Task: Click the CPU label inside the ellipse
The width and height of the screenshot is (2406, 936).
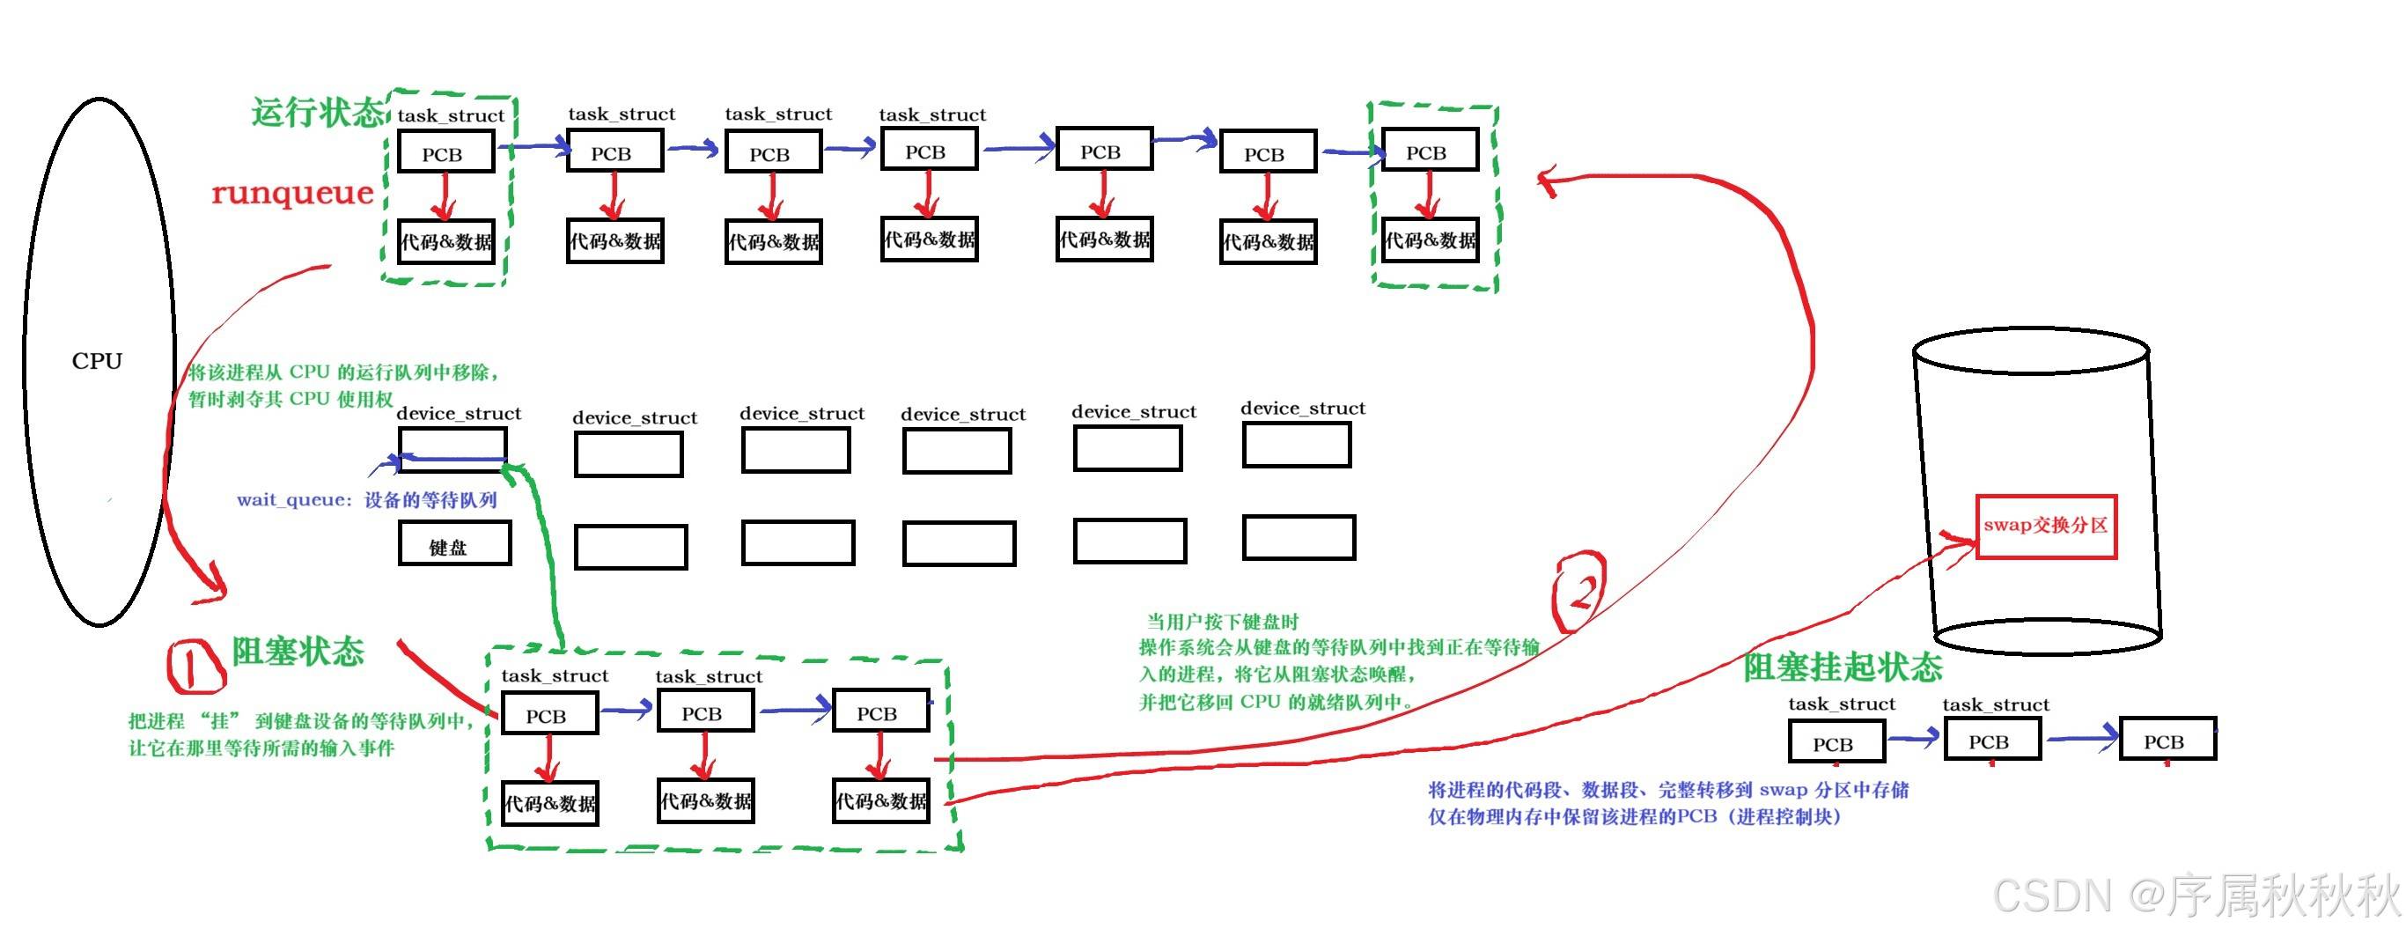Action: click(97, 360)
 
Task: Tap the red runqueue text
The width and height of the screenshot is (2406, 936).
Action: click(292, 193)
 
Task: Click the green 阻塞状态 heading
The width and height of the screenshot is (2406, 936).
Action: click(298, 651)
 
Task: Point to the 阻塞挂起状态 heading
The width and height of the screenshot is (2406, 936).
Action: click(1842, 667)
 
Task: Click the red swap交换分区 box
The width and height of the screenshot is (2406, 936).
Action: click(2045, 527)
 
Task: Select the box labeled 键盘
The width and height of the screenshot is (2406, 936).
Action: click(454, 543)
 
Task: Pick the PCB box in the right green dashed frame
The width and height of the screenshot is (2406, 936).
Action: click(1429, 151)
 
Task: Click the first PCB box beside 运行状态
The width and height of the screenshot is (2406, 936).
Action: click(445, 152)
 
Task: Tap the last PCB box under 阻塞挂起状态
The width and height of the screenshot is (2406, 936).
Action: click(2167, 740)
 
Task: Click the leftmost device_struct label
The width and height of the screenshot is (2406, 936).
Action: click(459, 413)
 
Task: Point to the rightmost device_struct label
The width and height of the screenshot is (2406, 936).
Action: click(1302, 409)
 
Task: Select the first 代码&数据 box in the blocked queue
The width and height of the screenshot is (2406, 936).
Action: click(549, 802)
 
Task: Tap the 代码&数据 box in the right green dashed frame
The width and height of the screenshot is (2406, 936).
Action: click(1429, 240)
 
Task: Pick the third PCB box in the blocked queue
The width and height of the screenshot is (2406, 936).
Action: click(879, 711)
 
